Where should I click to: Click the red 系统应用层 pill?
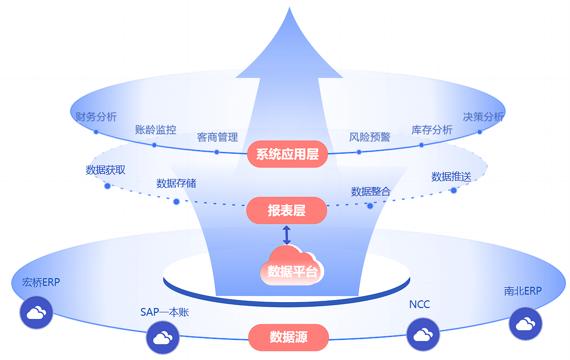(x=287, y=154)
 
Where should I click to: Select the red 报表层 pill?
(x=286, y=210)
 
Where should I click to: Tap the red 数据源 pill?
(x=288, y=337)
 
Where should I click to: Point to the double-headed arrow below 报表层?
(x=286, y=234)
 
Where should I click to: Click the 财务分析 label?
(x=96, y=116)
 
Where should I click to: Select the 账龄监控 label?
(x=155, y=129)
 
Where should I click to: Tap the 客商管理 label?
(x=218, y=137)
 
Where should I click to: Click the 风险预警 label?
(x=370, y=137)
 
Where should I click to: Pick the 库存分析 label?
(x=432, y=130)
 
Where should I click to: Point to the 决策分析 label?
(x=483, y=116)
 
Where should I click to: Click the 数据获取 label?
(x=105, y=170)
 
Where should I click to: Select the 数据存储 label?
(x=176, y=183)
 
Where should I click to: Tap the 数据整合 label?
(x=371, y=192)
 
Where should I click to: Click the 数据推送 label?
(x=451, y=177)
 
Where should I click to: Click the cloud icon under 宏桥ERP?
(x=36, y=313)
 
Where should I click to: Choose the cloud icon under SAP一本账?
(x=163, y=337)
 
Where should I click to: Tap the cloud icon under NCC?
(x=423, y=334)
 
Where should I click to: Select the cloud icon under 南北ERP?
(x=525, y=324)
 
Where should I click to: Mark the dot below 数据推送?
(x=453, y=191)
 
